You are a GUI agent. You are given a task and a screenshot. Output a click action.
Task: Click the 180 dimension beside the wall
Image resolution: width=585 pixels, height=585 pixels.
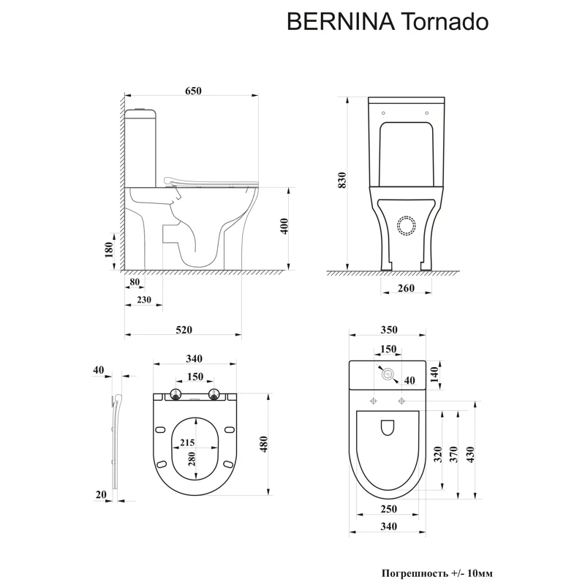pos(110,251)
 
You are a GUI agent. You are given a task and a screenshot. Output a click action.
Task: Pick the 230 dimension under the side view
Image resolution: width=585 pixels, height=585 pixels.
pos(143,300)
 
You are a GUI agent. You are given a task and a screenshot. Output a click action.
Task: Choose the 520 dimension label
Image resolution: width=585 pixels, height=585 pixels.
pos(184,330)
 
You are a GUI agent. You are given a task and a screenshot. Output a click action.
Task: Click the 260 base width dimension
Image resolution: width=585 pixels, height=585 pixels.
pos(406,288)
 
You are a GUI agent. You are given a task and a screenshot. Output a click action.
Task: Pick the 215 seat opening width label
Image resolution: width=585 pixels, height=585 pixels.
pos(186,443)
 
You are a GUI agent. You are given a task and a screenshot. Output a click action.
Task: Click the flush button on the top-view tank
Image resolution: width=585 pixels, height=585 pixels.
pos(388,374)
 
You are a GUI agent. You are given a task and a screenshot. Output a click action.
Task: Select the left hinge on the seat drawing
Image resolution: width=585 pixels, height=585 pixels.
pos(175,396)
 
